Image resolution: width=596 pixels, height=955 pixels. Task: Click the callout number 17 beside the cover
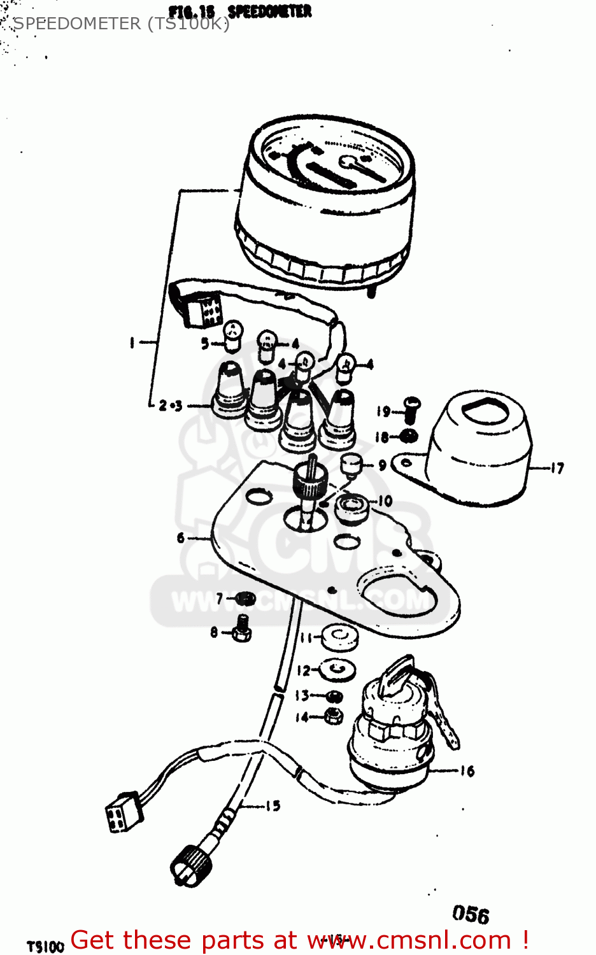[557, 469]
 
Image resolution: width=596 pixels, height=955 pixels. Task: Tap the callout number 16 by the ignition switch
[467, 771]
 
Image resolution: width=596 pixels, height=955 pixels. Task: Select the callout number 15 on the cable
[273, 806]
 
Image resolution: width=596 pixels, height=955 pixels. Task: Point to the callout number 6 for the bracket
[181, 538]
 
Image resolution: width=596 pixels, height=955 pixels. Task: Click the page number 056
[471, 914]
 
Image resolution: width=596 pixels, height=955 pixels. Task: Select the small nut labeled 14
[333, 716]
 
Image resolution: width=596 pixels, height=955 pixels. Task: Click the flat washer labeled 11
[340, 637]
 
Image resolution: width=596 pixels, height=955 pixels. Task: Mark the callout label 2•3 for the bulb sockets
[170, 406]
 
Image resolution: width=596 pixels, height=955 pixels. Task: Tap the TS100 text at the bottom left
[45, 946]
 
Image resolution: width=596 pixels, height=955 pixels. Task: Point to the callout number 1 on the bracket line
[132, 343]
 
